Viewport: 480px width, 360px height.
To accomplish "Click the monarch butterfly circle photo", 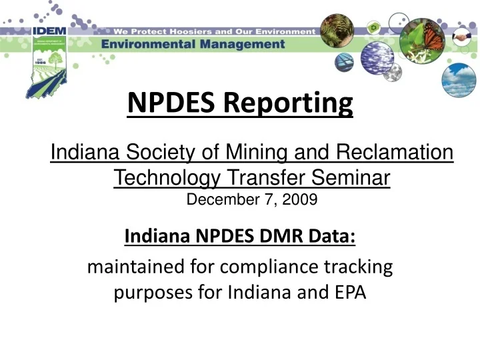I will pyautogui.click(x=422, y=41).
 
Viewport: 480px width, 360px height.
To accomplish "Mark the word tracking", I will pyautogui.click(x=357, y=268).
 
